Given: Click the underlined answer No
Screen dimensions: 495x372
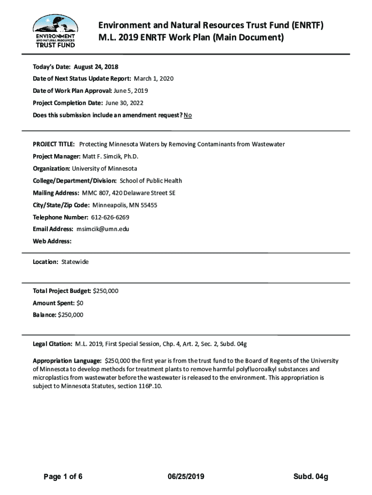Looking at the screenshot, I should pos(187,115).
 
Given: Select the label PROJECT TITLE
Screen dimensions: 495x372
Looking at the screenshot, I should pos(53,145).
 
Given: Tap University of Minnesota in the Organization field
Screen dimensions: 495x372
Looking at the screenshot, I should pos(104,169).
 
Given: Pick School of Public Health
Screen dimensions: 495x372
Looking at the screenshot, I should pos(151,181).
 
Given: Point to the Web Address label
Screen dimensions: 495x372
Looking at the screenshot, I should pos(52,241).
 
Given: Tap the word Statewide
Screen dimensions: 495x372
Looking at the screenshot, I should pos(75,262).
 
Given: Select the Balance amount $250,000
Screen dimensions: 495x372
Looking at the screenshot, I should pos(71,315).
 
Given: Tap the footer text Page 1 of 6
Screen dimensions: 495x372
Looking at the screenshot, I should pos(63,477).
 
